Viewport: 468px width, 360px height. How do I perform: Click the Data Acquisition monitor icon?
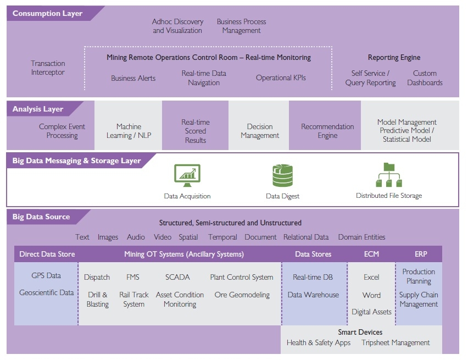[187, 174]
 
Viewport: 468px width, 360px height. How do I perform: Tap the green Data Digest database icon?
[283, 175]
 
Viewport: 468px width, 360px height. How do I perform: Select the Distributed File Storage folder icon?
[389, 175]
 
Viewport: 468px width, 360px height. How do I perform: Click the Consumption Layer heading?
[47, 13]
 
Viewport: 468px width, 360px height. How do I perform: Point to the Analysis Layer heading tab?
[38, 109]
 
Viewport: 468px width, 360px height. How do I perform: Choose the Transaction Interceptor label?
[48, 68]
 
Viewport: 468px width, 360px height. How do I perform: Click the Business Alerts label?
[133, 78]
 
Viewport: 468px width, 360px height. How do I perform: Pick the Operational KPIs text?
[281, 78]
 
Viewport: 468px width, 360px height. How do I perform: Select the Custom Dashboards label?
[425, 78]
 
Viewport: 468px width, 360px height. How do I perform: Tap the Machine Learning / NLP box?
[129, 131]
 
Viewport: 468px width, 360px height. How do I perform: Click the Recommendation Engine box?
[327, 131]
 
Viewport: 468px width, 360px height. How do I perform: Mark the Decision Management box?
[260, 131]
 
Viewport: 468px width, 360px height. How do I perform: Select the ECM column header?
[371, 254]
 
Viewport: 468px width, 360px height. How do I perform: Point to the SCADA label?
[177, 278]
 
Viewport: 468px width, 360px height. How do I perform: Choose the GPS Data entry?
[47, 276]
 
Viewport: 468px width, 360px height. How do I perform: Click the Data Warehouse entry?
[313, 295]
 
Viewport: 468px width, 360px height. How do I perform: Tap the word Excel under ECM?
[371, 278]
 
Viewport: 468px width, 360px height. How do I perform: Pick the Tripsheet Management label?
[395, 343]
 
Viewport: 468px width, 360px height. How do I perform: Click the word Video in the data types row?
[163, 237]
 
